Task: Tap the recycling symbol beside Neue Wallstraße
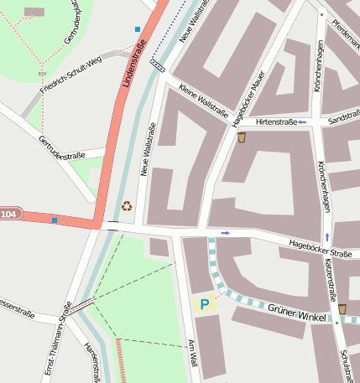click(x=127, y=205)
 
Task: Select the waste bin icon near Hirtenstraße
click(x=242, y=137)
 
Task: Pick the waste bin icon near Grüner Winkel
click(x=342, y=309)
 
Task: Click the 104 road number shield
click(x=8, y=215)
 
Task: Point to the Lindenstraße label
click(x=133, y=63)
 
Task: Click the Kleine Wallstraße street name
click(x=203, y=105)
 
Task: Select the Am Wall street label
click(x=192, y=352)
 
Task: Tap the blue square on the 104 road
click(x=55, y=220)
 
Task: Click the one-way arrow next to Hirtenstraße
click(x=302, y=122)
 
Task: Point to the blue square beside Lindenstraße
click(x=138, y=29)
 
